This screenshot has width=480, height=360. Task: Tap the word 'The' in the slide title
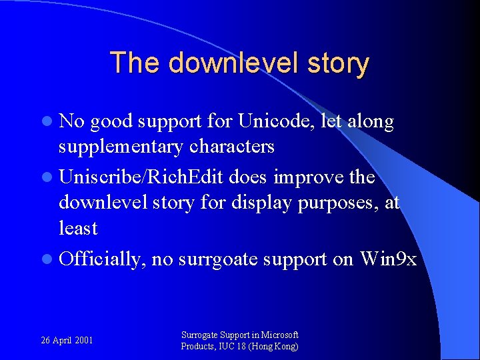click(136, 63)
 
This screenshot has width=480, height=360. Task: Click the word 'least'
click(78, 228)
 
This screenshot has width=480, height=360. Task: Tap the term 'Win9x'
click(388, 259)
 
